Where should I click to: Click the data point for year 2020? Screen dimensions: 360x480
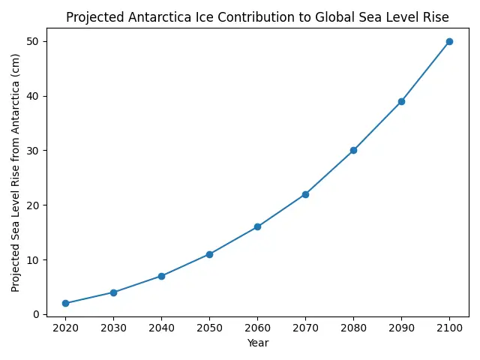point(65,303)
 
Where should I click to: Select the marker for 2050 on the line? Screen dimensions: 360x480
point(209,254)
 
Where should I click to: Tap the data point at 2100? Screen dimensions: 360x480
point(449,41)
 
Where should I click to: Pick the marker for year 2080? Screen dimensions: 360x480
point(353,150)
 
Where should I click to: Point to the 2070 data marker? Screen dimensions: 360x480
point(305,194)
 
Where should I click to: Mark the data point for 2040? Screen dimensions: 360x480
point(161,276)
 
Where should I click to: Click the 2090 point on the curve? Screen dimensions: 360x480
point(401,101)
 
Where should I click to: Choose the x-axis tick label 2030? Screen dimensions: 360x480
point(113,328)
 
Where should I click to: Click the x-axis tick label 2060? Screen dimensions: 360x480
point(257,328)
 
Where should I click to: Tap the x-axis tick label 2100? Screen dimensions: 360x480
point(449,328)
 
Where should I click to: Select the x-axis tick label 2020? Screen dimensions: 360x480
point(65,328)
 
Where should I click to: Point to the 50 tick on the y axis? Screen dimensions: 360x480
point(35,41)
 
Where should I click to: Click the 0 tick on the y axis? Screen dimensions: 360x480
point(38,314)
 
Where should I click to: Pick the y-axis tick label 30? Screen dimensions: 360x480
point(35,151)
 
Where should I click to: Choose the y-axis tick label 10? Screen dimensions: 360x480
point(35,259)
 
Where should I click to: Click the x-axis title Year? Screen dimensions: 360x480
point(257,343)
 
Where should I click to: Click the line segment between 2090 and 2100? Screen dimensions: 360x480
point(425,71)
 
